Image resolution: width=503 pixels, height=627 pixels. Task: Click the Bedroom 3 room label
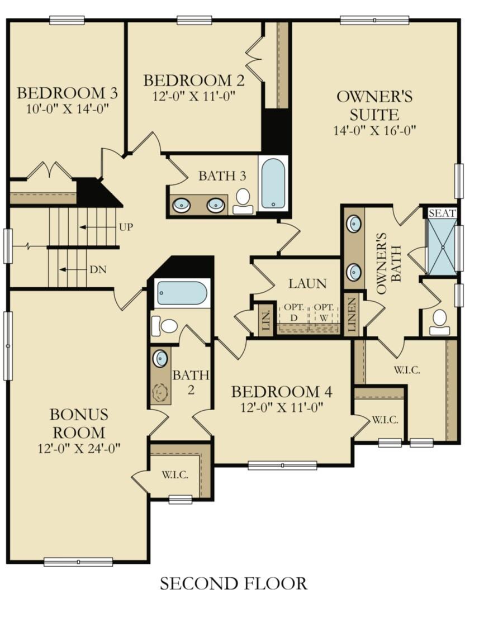pyautogui.click(x=67, y=93)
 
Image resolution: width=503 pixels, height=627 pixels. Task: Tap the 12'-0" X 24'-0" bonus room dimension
pyautogui.click(x=79, y=449)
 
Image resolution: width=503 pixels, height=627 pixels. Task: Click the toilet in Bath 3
pyautogui.click(x=243, y=201)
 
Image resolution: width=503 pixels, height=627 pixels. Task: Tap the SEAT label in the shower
pyautogui.click(x=442, y=213)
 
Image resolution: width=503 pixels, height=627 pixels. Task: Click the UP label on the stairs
pyautogui.click(x=126, y=227)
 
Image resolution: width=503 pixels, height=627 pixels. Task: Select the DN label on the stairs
pyautogui.click(x=98, y=270)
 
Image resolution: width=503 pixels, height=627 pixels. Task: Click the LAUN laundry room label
pyautogui.click(x=307, y=283)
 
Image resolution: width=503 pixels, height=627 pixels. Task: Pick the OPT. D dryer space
pyautogui.click(x=294, y=313)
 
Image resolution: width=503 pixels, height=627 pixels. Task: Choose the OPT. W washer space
pyautogui.click(x=324, y=313)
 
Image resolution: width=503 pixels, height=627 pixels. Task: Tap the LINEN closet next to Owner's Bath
pyautogui.click(x=352, y=315)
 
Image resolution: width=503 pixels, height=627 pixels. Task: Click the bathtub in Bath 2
pyautogui.click(x=182, y=293)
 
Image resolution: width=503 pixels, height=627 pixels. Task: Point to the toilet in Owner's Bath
pyautogui.click(x=439, y=322)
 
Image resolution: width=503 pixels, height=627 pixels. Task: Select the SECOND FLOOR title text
pyautogui.click(x=234, y=583)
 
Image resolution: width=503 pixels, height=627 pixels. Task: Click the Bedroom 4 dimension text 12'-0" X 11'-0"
pyautogui.click(x=282, y=407)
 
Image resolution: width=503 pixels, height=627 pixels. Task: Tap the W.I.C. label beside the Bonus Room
pyautogui.click(x=175, y=474)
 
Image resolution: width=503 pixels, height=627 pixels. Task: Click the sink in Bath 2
pyautogui.click(x=160, y=358)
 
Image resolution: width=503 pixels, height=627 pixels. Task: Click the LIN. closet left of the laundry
pyautogui.click(x=266, y=320)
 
